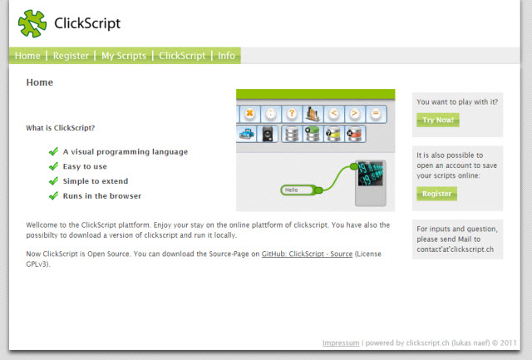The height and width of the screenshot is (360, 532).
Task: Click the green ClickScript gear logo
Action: pos(32,23)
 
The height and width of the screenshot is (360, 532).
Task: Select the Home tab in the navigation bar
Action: pos(27,56)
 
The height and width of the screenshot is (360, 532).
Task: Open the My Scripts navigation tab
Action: pos(124,56)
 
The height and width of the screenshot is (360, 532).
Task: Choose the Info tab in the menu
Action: pos(226,56)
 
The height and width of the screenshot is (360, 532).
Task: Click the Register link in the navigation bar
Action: pos(71,56)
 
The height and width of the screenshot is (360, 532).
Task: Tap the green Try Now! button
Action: pos(438,120)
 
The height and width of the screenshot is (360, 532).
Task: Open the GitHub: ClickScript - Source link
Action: pos(307,254)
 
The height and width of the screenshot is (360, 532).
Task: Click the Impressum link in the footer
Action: pos(341,343)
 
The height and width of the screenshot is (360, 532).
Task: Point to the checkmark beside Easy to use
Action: pos(53,166)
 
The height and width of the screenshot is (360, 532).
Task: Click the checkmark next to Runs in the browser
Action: pos(53,195)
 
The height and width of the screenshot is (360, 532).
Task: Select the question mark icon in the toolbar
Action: pos(292,114)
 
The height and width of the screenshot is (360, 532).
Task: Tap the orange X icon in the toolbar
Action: pos(249,114)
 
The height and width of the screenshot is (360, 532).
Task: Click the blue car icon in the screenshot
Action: pos(247,134)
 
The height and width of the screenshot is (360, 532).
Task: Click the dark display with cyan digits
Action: pos(370,174)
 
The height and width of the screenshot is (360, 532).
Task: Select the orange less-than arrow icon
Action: pos(334,114)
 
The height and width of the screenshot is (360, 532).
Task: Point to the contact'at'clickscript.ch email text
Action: pos(455,249)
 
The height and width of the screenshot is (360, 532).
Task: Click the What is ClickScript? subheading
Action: pos(61,128)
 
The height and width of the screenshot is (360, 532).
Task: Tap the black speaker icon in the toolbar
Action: pos(268,134)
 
